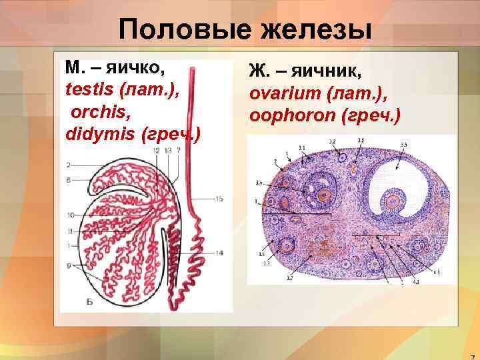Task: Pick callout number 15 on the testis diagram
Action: [219, 199]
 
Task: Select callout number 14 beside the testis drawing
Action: [219, 253]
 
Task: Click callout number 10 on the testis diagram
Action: [70, 215]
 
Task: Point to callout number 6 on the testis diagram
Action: [69, 180]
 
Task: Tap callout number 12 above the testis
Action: [155, 151]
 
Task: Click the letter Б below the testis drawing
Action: [89, 301]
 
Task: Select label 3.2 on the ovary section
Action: [332, 141]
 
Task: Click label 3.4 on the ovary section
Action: [259, 181]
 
